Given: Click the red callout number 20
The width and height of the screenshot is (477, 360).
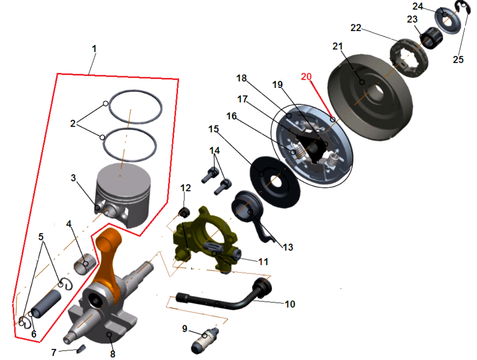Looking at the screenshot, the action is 306,77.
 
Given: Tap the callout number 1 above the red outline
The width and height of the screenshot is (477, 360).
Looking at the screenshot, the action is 94,49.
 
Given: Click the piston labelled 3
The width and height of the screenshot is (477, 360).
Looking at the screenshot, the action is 123,195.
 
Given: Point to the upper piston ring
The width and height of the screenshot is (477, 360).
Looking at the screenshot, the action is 135,91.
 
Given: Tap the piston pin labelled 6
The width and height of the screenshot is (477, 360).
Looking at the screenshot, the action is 46,304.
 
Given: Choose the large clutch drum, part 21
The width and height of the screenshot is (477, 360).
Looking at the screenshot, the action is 370,97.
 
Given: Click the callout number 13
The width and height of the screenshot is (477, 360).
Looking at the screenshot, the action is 288,247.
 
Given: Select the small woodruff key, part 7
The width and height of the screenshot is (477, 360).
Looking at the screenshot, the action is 81,349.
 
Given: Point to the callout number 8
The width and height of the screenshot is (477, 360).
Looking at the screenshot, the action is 113,354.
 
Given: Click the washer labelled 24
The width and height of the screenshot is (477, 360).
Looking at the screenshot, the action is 447,20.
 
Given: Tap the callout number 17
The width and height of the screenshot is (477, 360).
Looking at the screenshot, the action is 242,99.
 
